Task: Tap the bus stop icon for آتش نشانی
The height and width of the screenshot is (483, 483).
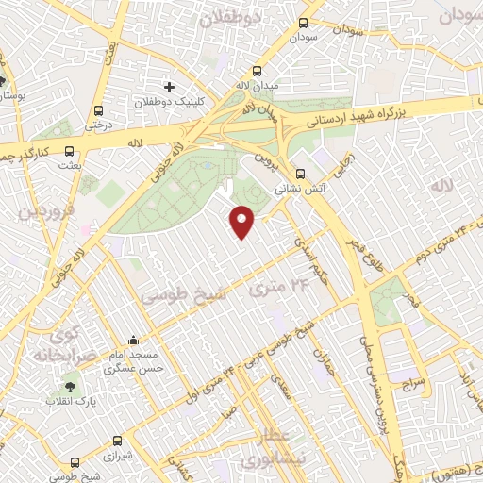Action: click(x=300, y=174)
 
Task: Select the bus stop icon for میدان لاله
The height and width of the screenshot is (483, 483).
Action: click(x=258, y=72)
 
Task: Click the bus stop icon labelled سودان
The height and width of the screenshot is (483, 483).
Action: click(x=303, y=24)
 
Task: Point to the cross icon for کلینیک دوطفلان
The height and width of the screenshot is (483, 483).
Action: click(x=169, y=87)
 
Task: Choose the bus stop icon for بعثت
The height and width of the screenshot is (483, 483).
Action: click(x=71, y=150)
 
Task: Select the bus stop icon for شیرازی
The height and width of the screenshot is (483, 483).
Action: click(x=118, y=441)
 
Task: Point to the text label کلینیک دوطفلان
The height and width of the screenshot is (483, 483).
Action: click(x=156, y=101)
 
